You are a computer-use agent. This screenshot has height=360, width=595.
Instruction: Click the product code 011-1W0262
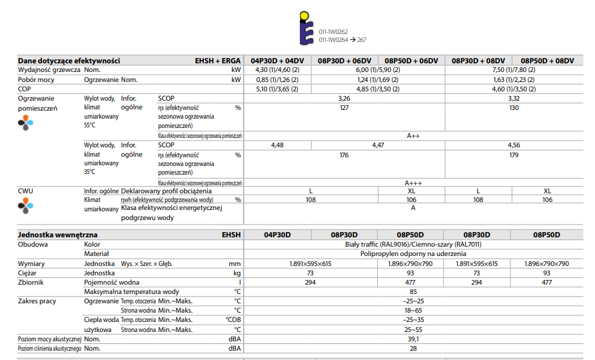[x=332, y=31]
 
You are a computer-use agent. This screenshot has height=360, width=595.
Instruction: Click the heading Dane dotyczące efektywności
[x=69, y=61]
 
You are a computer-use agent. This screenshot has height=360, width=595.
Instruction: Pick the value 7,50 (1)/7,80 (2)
[x=513, y=69]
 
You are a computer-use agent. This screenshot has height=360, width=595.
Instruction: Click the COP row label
[x=25, y=89]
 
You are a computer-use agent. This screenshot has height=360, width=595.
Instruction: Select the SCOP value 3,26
[x=344, y=98]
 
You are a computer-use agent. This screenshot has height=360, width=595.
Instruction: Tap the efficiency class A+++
[x=413, y=182]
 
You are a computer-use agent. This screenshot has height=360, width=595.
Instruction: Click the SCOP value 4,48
[x=277, y=145]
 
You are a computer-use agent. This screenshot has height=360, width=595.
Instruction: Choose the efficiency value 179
[x=513, y=155]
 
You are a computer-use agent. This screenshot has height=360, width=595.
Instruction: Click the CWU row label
[x=25, y=191]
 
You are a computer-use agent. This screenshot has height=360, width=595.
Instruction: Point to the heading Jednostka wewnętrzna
[x=58, y=235]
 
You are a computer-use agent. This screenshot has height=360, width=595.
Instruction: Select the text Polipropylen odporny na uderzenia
[x=413, y=254]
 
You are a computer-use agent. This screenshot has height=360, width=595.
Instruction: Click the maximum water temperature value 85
[x=413, y=291]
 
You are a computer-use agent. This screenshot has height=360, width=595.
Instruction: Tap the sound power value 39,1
[x=413, y=339]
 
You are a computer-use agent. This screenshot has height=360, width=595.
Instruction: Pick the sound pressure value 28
[x=413, y=348]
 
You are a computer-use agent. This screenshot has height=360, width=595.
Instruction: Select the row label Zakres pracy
[x=37, y=301]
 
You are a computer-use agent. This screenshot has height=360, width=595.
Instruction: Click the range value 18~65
[x=413, y=311]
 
